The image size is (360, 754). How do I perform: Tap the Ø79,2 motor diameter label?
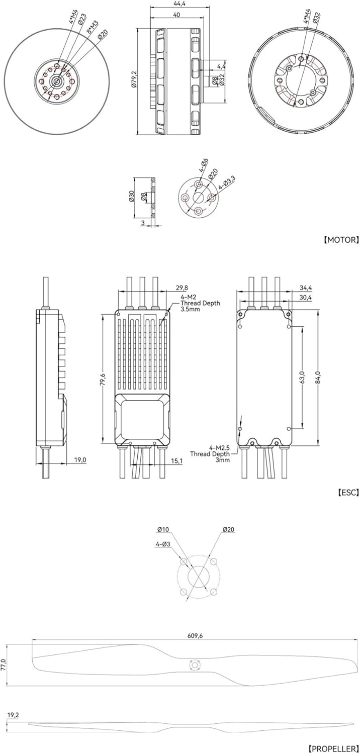point(134,80)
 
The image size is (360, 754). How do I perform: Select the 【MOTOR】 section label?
point(341,240)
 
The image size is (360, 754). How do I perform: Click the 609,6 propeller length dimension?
point(195,636)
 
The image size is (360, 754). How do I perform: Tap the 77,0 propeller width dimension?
point(4,665)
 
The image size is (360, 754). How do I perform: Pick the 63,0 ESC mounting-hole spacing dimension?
point(302,377)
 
